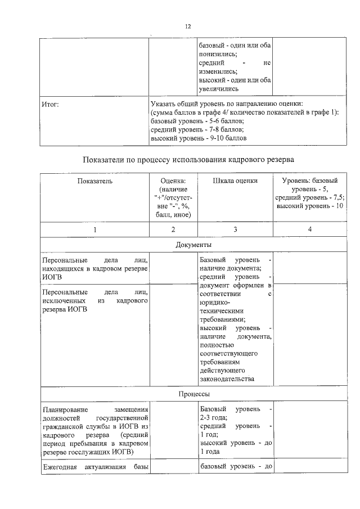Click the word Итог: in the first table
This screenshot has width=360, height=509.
click(x=51, y=104)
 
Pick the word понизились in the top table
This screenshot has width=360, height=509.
click(x=217, y=54)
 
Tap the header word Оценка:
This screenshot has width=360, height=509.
click(x=173, y=181)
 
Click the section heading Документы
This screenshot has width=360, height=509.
click(x=193, y=245)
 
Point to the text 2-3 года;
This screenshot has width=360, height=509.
click(x=213, y=418)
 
